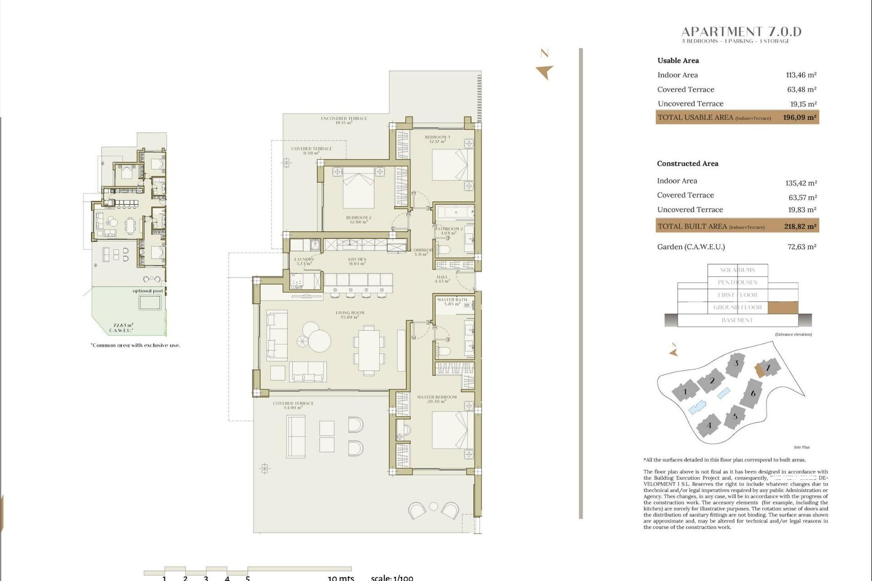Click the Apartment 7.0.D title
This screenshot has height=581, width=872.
[x=741, y=31]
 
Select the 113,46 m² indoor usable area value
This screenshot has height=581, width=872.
[x=801, y=75]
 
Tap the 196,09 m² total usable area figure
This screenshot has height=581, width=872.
[x=799, y=117]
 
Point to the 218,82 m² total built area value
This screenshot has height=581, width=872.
[x=800, y=226]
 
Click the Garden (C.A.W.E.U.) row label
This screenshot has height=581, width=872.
[x=691, y=247]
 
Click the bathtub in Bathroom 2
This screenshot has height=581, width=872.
[x=455, y=213]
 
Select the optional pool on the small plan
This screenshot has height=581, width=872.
[x=149, y=302]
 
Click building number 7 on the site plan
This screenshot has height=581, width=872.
[x=768, y=368]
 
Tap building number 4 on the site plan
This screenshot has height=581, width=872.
[x=708, y=426]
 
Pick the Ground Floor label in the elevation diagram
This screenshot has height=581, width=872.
[x=737, y=307]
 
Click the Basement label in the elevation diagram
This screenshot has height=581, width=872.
[x=737, y=320]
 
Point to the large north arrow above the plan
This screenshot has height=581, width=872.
[x=545, y=72]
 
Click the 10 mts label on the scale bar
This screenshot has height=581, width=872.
[x=341, y=578]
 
